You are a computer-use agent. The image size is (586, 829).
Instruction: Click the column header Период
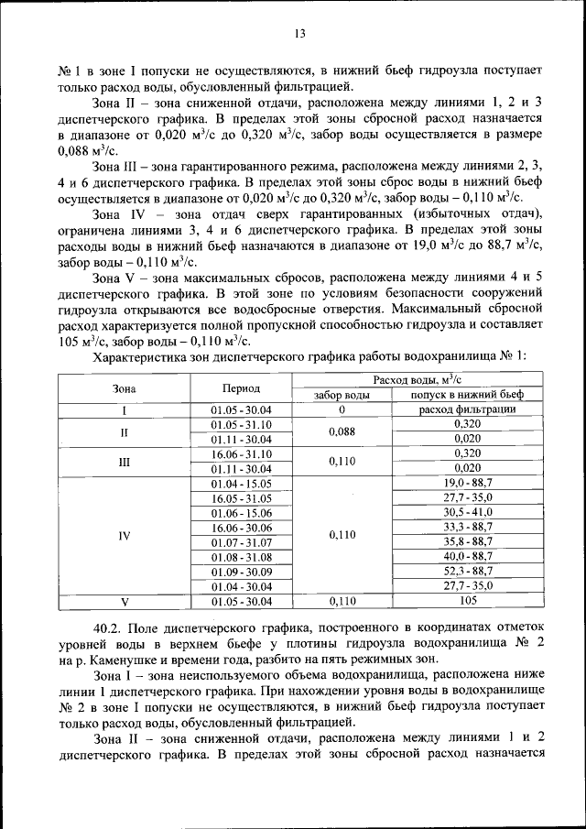241,387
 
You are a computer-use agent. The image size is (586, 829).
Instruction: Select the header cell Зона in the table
125,387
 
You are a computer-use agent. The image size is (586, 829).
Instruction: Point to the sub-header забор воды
342,395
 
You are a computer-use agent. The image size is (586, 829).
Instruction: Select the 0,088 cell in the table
342,431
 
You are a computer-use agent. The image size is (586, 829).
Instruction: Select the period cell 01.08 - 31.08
241,556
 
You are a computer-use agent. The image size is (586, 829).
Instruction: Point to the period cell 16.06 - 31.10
241,453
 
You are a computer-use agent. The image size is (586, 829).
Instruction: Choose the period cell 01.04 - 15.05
241,483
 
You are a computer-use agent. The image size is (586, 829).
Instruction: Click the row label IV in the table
125,534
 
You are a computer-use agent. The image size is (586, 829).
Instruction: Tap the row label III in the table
125,461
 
